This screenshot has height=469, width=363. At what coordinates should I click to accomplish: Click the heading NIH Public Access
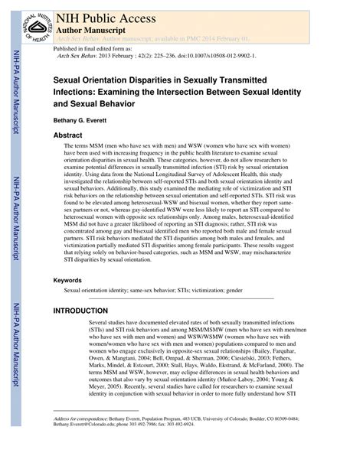point(112,14)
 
